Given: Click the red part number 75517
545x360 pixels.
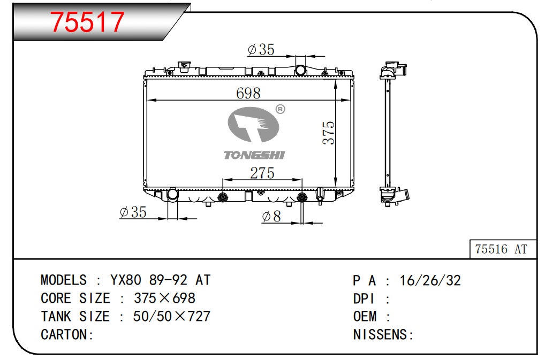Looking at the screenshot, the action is (x=87, y=22).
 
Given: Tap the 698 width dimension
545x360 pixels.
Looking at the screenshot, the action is (x=248, y=93).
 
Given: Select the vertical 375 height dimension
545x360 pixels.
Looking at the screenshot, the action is (x=328, y=133).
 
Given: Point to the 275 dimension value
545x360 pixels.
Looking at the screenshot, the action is (x=262, y=173).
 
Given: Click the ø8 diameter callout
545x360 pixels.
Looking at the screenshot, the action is (x=271, y=216).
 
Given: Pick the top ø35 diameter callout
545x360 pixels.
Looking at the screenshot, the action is (x=261, y=50).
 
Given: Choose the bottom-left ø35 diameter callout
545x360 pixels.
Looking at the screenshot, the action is (x=133, y=212).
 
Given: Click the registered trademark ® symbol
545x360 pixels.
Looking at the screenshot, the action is (x=280, y=109).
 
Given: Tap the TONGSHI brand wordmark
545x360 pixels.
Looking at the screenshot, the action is (x=254, y=155).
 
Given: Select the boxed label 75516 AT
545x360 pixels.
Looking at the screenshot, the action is (x=501, y=249).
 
